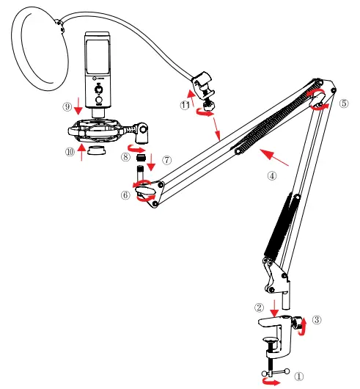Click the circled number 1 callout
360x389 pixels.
tap(298, 375)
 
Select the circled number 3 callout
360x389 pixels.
tap(317, 319)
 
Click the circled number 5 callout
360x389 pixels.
tap(343, 103)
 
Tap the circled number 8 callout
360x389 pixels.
tap(125, 156)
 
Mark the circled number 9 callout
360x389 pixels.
tap(67, 106)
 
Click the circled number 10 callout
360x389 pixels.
tap(70, 151)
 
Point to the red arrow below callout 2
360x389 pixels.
tap(274, 305)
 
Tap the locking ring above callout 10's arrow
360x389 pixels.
tap(95, 150)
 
